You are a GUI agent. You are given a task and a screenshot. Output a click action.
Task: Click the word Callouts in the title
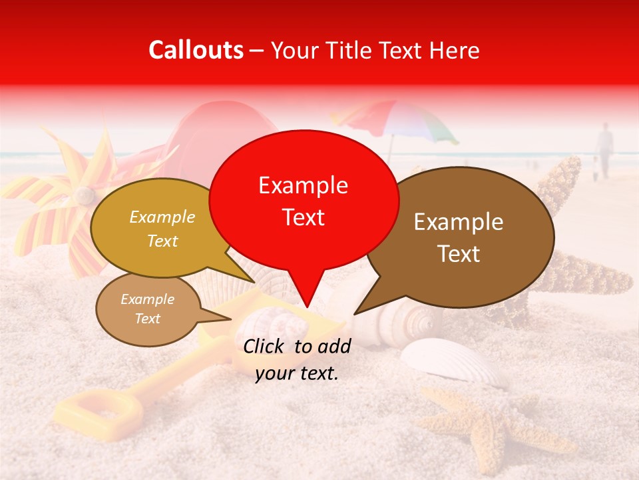196,50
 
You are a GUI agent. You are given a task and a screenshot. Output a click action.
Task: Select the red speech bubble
304,200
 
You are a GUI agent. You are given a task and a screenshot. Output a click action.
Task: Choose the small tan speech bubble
147,309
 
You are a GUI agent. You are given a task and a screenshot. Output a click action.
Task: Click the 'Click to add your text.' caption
297,359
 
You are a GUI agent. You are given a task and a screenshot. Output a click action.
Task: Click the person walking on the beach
604,150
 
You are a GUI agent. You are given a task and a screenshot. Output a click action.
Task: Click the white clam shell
453,360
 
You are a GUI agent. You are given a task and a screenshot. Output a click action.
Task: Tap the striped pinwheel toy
60,200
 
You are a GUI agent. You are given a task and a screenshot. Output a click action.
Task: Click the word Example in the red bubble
303,185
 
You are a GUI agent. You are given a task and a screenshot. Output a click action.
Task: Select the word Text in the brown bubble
459,253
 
